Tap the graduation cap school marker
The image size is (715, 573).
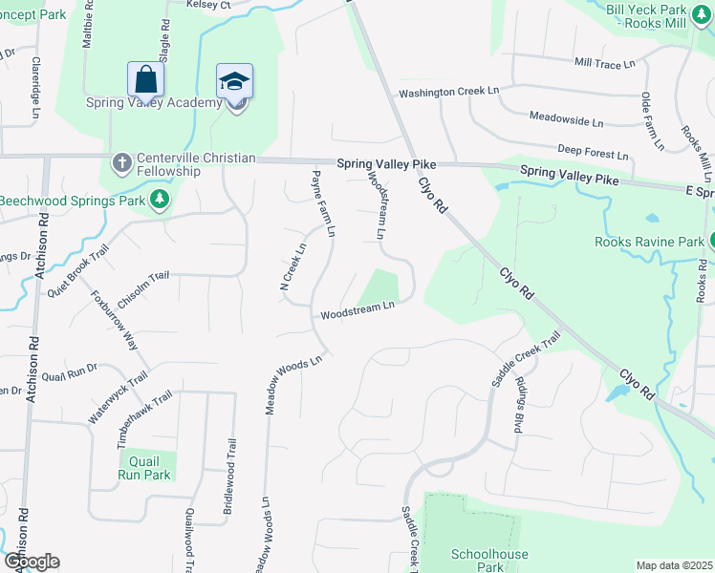(234, 82)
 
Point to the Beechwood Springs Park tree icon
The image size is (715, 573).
(162, 200)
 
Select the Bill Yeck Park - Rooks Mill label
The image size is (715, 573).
(655, 15)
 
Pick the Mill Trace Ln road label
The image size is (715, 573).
(604, 63)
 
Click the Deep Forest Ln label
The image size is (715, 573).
(593, 151)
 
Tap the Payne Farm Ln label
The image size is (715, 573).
(323, 203)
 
